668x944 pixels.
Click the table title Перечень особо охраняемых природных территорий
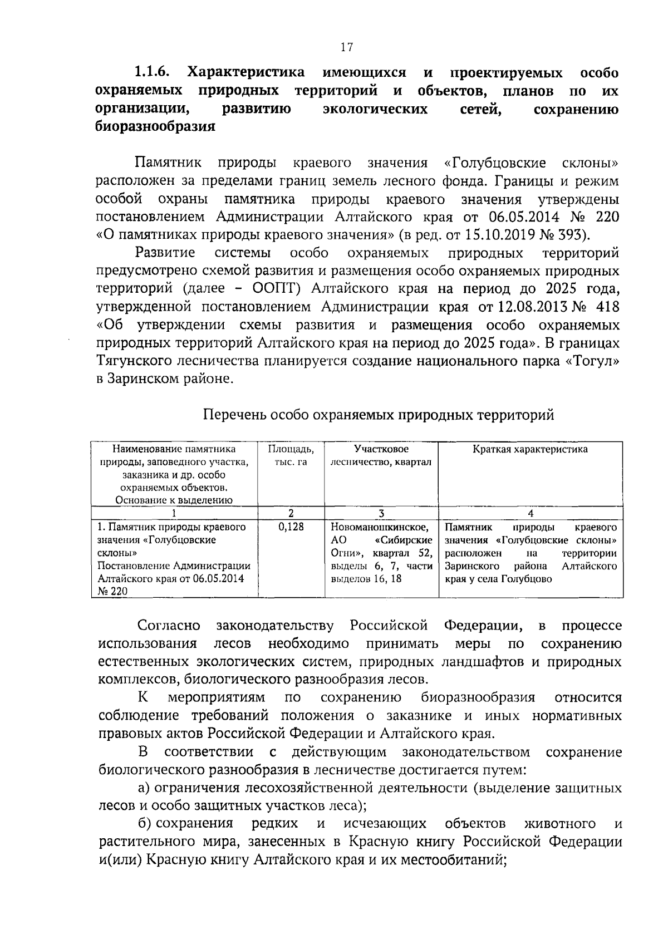[379, 415]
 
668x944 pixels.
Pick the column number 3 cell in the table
[381, 513]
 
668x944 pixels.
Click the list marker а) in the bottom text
[144, 789]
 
